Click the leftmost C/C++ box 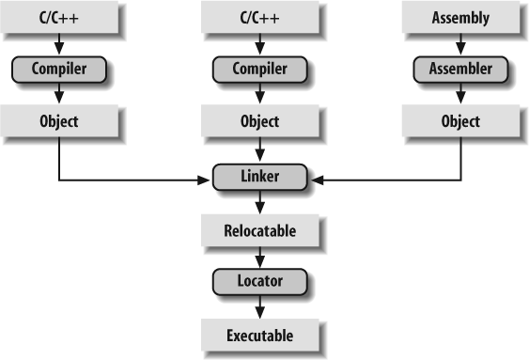[59, 16]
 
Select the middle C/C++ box [259, 16]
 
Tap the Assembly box [460, 16]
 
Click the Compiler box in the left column [59, 69]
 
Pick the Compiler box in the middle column [259, 69]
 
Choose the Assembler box [460, 69]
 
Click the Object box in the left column [59, 121]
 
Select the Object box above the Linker [259, 121]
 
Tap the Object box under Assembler [460, 121]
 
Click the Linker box [259, 175]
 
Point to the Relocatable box [259, 228]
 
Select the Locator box [259, 280]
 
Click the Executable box [259, 334]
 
